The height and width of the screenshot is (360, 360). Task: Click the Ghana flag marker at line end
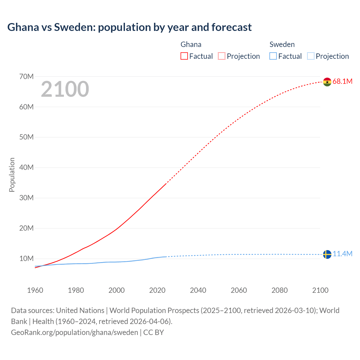point(327,82)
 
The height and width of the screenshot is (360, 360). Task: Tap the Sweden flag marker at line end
point(327,254)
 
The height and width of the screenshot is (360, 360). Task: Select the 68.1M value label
point(342,82)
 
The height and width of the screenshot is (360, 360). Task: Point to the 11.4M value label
point(342,254)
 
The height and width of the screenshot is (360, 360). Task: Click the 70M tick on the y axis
point(26,76)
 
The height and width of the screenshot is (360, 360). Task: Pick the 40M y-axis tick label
point(26,168)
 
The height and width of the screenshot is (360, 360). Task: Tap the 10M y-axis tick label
point(26,258)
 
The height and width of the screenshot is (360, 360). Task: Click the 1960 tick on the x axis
point(35,290)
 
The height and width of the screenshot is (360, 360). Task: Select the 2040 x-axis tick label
point(198,290)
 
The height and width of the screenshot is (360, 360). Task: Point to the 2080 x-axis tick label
point(280,290)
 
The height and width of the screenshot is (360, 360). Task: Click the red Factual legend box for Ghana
point(184,56)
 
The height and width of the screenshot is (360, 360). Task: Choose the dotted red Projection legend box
point(222,56)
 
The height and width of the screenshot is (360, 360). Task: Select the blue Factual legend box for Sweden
point(273,56)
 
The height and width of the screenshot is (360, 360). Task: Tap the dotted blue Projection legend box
point(311,56)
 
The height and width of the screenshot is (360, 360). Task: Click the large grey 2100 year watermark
point(65,89)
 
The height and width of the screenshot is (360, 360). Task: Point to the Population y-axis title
point(12,175)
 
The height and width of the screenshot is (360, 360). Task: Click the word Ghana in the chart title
point(23,27)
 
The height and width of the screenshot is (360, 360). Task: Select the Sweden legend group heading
point(282,44)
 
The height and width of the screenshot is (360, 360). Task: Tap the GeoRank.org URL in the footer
point(75,332)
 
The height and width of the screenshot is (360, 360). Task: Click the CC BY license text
point(154,332)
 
